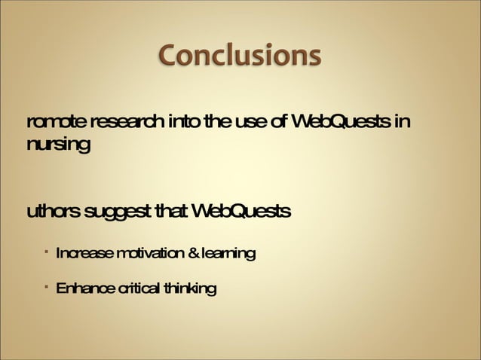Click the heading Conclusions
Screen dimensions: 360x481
(240, 56)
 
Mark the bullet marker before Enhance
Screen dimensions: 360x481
(46, 286)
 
